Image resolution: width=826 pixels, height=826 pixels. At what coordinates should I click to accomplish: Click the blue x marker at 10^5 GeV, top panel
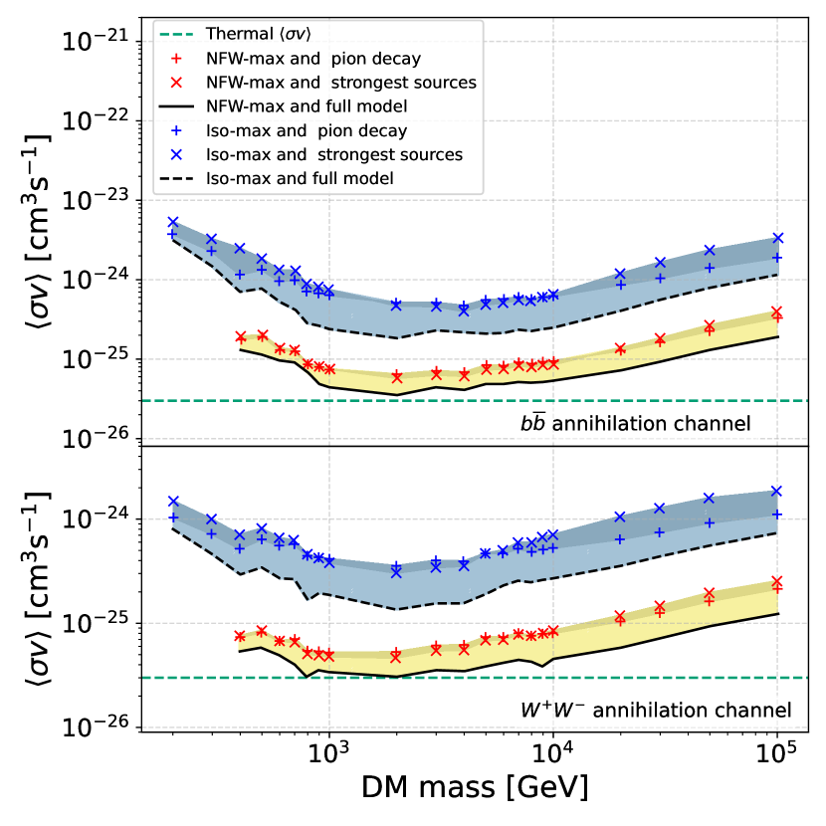tap(777, 238)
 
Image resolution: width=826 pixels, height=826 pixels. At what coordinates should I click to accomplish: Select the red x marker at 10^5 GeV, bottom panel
tap(777, 582)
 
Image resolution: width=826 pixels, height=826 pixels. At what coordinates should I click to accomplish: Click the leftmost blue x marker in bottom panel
tap(173, 502)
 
